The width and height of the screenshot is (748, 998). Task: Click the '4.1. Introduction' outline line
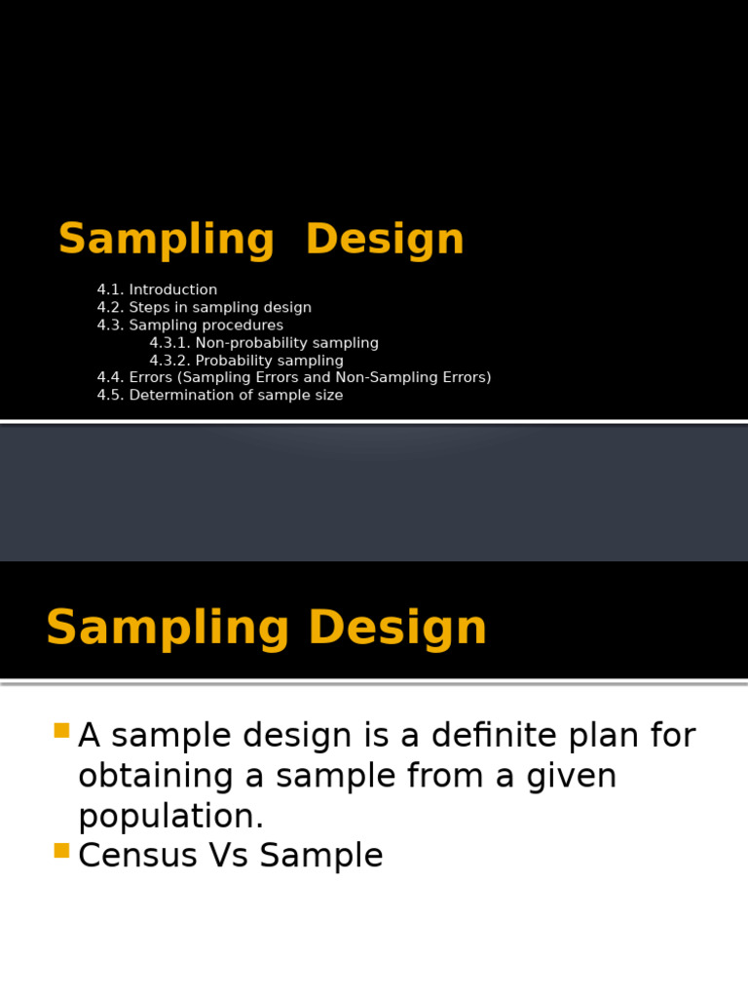157,289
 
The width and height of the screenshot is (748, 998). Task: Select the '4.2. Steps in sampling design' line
205,307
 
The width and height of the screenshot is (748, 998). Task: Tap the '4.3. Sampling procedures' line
190,326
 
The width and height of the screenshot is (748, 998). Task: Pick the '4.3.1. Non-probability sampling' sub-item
264,343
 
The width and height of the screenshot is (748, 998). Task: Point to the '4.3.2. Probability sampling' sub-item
246,361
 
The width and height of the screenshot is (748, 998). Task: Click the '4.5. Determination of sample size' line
220,396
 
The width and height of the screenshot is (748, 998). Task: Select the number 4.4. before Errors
111,377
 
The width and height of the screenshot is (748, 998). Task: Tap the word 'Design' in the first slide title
385,240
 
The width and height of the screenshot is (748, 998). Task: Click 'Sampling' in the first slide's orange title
167,240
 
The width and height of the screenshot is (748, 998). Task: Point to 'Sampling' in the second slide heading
168,629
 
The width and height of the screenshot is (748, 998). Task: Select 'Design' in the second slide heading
397,629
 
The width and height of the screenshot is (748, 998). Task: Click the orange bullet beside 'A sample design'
61,730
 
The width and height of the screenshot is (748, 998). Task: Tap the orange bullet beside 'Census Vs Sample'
61,850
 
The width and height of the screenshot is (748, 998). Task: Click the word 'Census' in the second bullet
137,855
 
